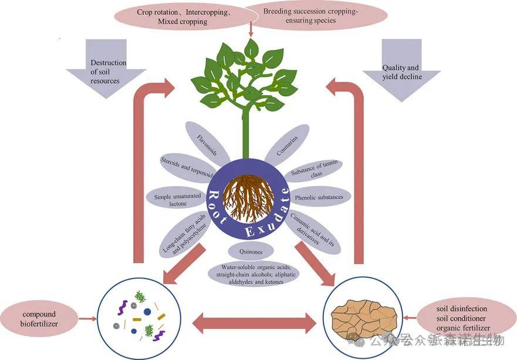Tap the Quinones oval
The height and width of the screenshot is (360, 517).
247,253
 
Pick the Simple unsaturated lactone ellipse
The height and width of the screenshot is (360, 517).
177,198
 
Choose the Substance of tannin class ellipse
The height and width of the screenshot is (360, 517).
316,170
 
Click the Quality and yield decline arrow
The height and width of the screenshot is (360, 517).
401,68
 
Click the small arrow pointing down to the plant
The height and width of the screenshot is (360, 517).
251,31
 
